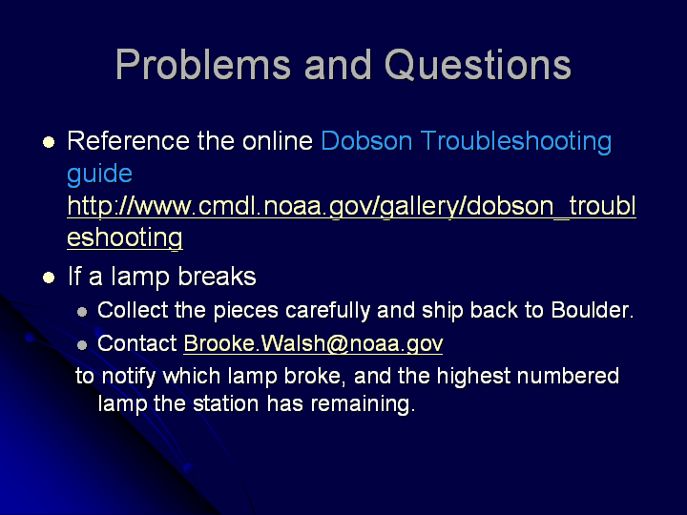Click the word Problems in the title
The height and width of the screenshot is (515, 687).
coord(203,65)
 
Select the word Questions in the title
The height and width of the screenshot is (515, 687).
coord(478,65)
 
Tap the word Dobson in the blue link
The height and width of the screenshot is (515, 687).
coord(366,141)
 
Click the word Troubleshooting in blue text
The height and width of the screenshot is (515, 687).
coord(515,142)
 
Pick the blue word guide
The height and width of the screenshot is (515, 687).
coord(99,174)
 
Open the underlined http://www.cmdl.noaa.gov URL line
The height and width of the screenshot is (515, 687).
coord(351,206)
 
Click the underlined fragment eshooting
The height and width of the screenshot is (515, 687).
coord(125,238)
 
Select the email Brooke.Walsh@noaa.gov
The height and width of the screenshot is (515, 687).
coord(313,343)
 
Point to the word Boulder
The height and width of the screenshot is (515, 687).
coord(592,310)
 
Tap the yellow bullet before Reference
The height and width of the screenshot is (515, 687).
coord(49,142)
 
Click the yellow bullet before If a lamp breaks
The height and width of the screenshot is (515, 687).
coord(49,278)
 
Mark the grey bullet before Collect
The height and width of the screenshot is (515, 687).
coord(82,312)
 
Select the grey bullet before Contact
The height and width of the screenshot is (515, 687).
coord(82,345)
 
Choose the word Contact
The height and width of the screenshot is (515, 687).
coord(136,343)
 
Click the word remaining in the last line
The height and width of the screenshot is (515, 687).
coord(363,403)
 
